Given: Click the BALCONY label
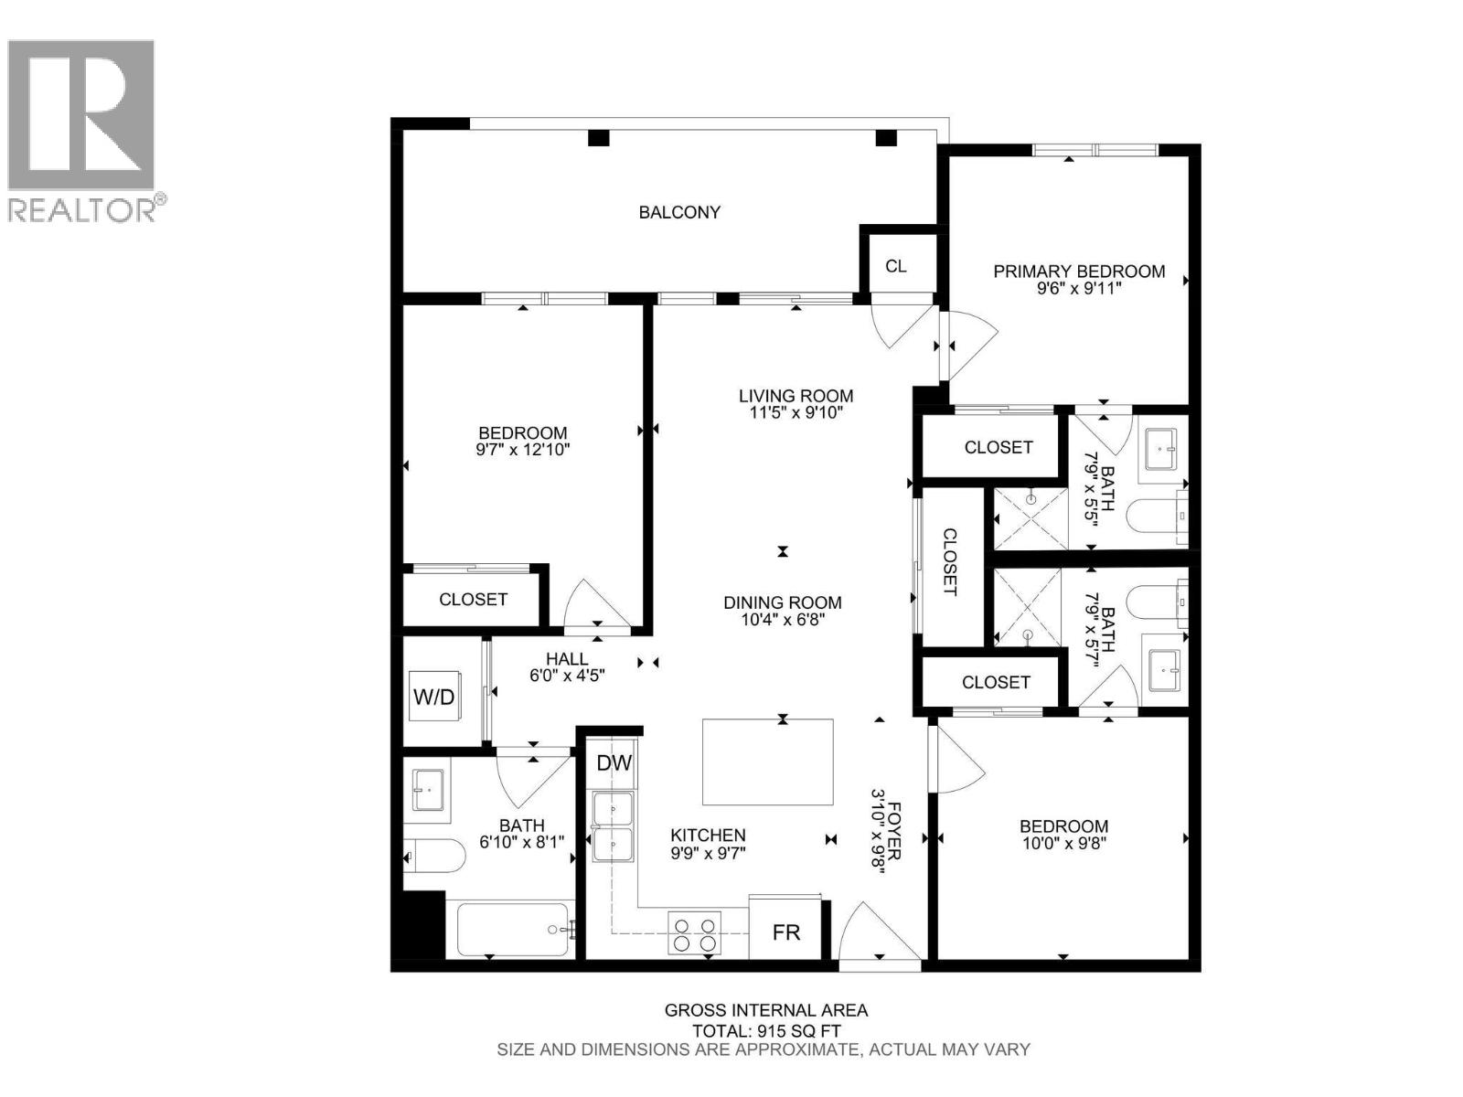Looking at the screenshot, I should click(679, 212).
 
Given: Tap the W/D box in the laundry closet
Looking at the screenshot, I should click(434, 698).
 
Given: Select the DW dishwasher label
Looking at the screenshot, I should click(614, 763).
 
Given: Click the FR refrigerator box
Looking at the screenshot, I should click(785, 932).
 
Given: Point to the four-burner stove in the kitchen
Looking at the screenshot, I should click(694, 933).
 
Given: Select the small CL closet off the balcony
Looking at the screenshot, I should click(896, 266).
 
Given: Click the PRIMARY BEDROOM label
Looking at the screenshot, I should click(1079, 272).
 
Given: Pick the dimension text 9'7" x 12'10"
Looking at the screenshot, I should click(523, 450).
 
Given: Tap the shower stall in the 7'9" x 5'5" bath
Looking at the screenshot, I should click(1031, 518).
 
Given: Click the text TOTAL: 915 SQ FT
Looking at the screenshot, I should click(765, 1030).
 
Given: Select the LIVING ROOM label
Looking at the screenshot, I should click(796, 396).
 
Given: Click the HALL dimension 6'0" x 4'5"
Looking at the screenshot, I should click(567, 676).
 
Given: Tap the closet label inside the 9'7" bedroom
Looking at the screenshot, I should click(473, 600).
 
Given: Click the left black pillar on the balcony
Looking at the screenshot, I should click(598, 138).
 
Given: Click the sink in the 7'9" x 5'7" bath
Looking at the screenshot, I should click(1165, 672).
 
